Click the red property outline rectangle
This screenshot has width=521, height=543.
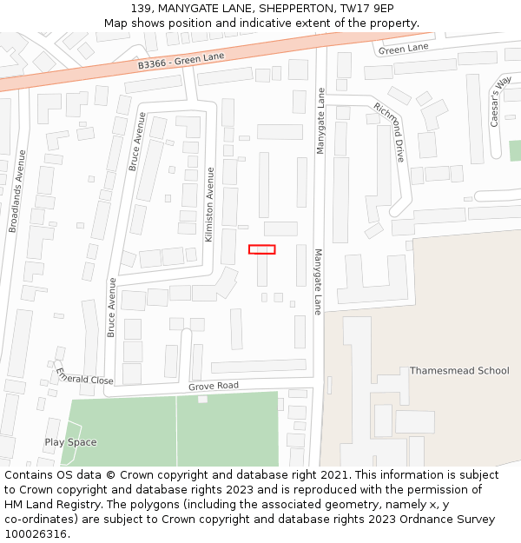click(x=261, y=249)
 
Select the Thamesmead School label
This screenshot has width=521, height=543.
click(x=459, y=371)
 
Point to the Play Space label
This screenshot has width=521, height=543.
click(x=70, y=442)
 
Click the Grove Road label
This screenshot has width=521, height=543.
click(x=213, y=386)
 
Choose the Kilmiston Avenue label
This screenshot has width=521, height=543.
click(x=208, y=205)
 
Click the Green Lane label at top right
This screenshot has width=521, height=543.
click(x=404, y=49)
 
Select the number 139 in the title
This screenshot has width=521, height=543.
click(x=143, y=9)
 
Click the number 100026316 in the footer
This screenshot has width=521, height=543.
click(x=36, y=533)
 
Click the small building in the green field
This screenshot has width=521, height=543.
click(x=202, y=399)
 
